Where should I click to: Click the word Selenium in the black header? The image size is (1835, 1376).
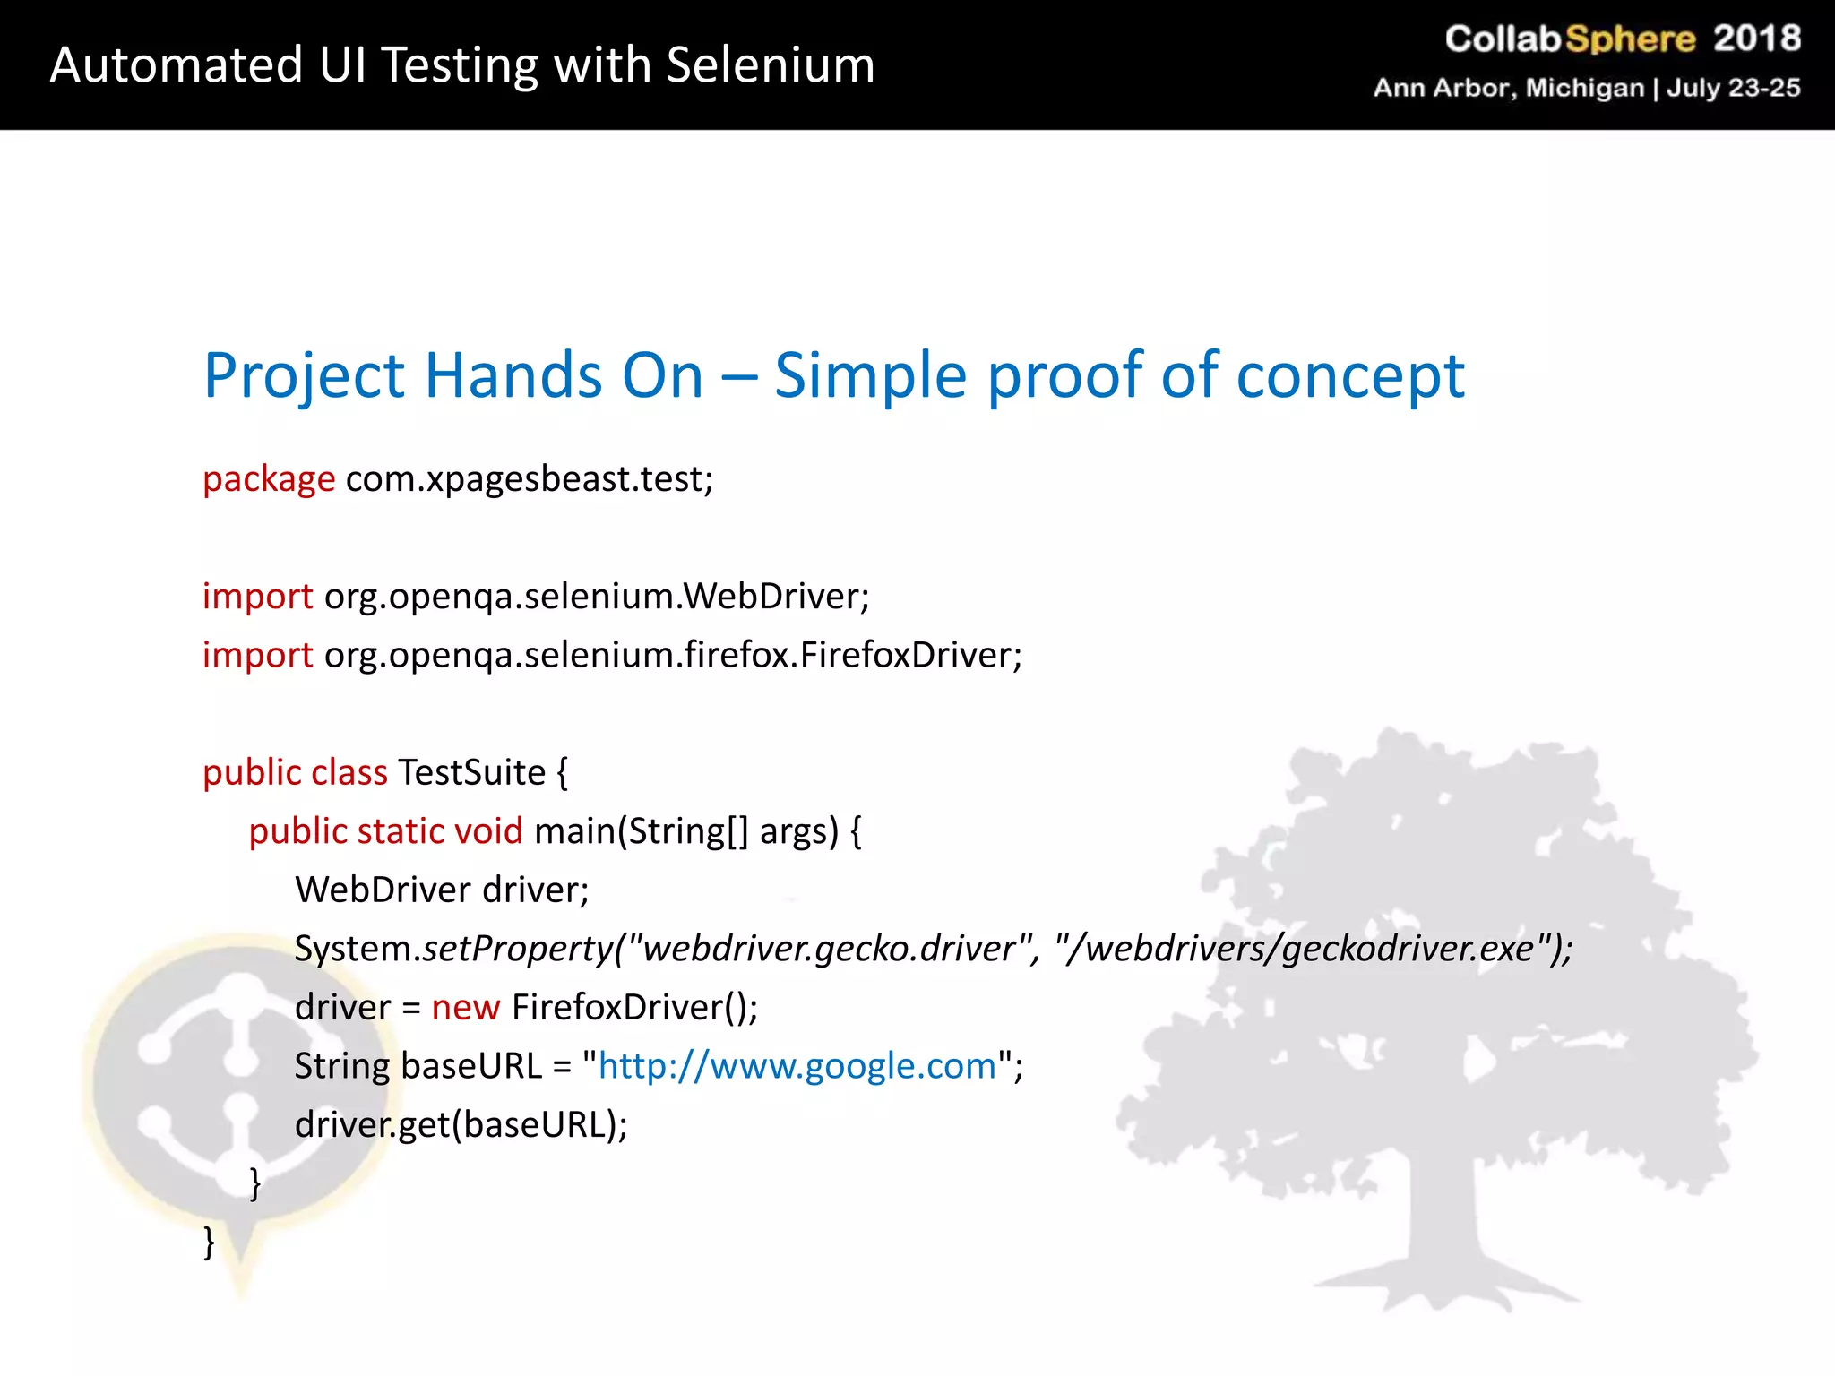(771, 65)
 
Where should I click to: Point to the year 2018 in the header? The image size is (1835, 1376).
(1757, 39)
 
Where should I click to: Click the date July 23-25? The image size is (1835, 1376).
(1734, 88)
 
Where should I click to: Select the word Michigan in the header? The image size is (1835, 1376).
(1585, 88)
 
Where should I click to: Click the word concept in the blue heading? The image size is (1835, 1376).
(1350, 374)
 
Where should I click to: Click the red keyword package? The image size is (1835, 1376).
(269, 479)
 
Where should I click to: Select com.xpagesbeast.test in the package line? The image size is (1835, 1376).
(529, 479)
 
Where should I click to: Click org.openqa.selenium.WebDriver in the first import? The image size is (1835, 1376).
(596, 597)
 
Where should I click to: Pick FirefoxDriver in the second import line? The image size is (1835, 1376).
(909, 655)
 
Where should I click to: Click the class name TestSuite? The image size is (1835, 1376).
(471, 772)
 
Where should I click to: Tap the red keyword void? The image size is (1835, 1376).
(487, 831)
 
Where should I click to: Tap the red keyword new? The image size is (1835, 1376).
(465, 1008)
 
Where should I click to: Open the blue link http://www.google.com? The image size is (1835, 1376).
(797, 1066)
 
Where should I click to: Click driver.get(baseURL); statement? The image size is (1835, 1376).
(461, 1125)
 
